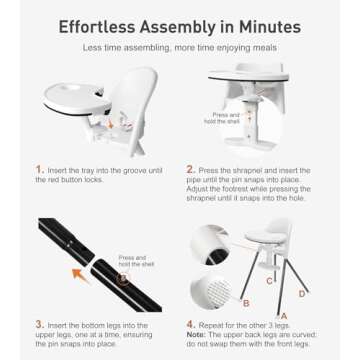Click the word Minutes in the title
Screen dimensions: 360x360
pos(269,27)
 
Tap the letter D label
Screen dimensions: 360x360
pos(302,294)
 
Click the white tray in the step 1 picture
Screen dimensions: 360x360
pos(75,101)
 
